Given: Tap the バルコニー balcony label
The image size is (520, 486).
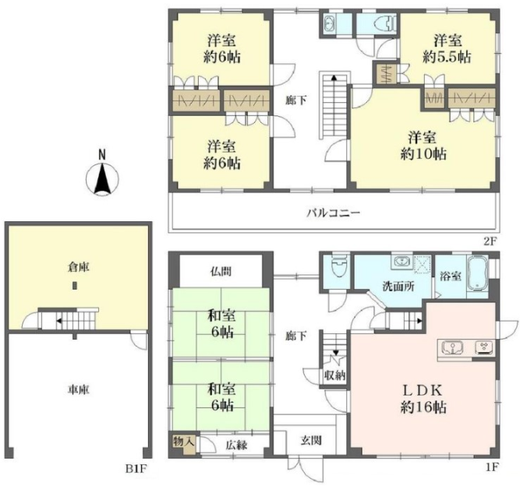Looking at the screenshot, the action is [x=333, y=213].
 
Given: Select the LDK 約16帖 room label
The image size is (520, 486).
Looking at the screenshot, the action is [x=423, y=399].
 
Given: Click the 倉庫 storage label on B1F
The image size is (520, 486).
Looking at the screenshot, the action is [x=78, y=267].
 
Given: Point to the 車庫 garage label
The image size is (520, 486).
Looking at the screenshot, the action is [x=79, y=389].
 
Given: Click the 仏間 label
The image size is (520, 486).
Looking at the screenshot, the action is [x=221, y=272].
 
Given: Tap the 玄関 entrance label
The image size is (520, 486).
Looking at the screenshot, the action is [x=311, y=441].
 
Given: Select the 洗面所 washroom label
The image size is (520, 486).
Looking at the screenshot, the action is [x=398, y=287].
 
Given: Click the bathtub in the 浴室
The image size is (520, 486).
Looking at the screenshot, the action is [x=478, y=273].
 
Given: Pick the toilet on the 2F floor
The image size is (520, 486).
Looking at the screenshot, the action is [x=384, y=23].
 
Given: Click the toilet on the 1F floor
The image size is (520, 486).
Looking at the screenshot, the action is [x=338, y=266].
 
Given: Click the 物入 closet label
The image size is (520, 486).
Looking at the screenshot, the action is [x=183, y=442].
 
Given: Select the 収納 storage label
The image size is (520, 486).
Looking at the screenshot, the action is [x=334, y=375].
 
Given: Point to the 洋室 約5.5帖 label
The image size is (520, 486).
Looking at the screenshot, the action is [x=447, y=49].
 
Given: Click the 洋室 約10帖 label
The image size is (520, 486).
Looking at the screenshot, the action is [x=423, y=146].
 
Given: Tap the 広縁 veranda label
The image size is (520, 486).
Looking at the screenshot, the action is [x=236, y=445].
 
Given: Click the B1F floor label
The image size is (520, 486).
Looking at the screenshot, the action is [x=136, y=469].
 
